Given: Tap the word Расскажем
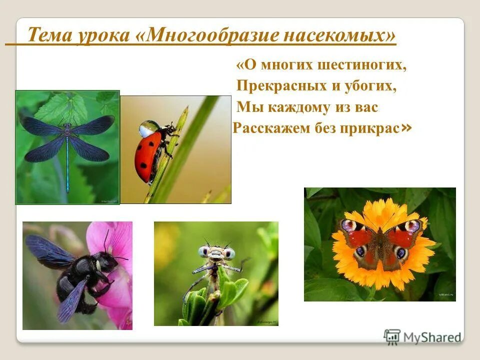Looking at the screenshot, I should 266,128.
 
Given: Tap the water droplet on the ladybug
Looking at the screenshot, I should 149,128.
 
